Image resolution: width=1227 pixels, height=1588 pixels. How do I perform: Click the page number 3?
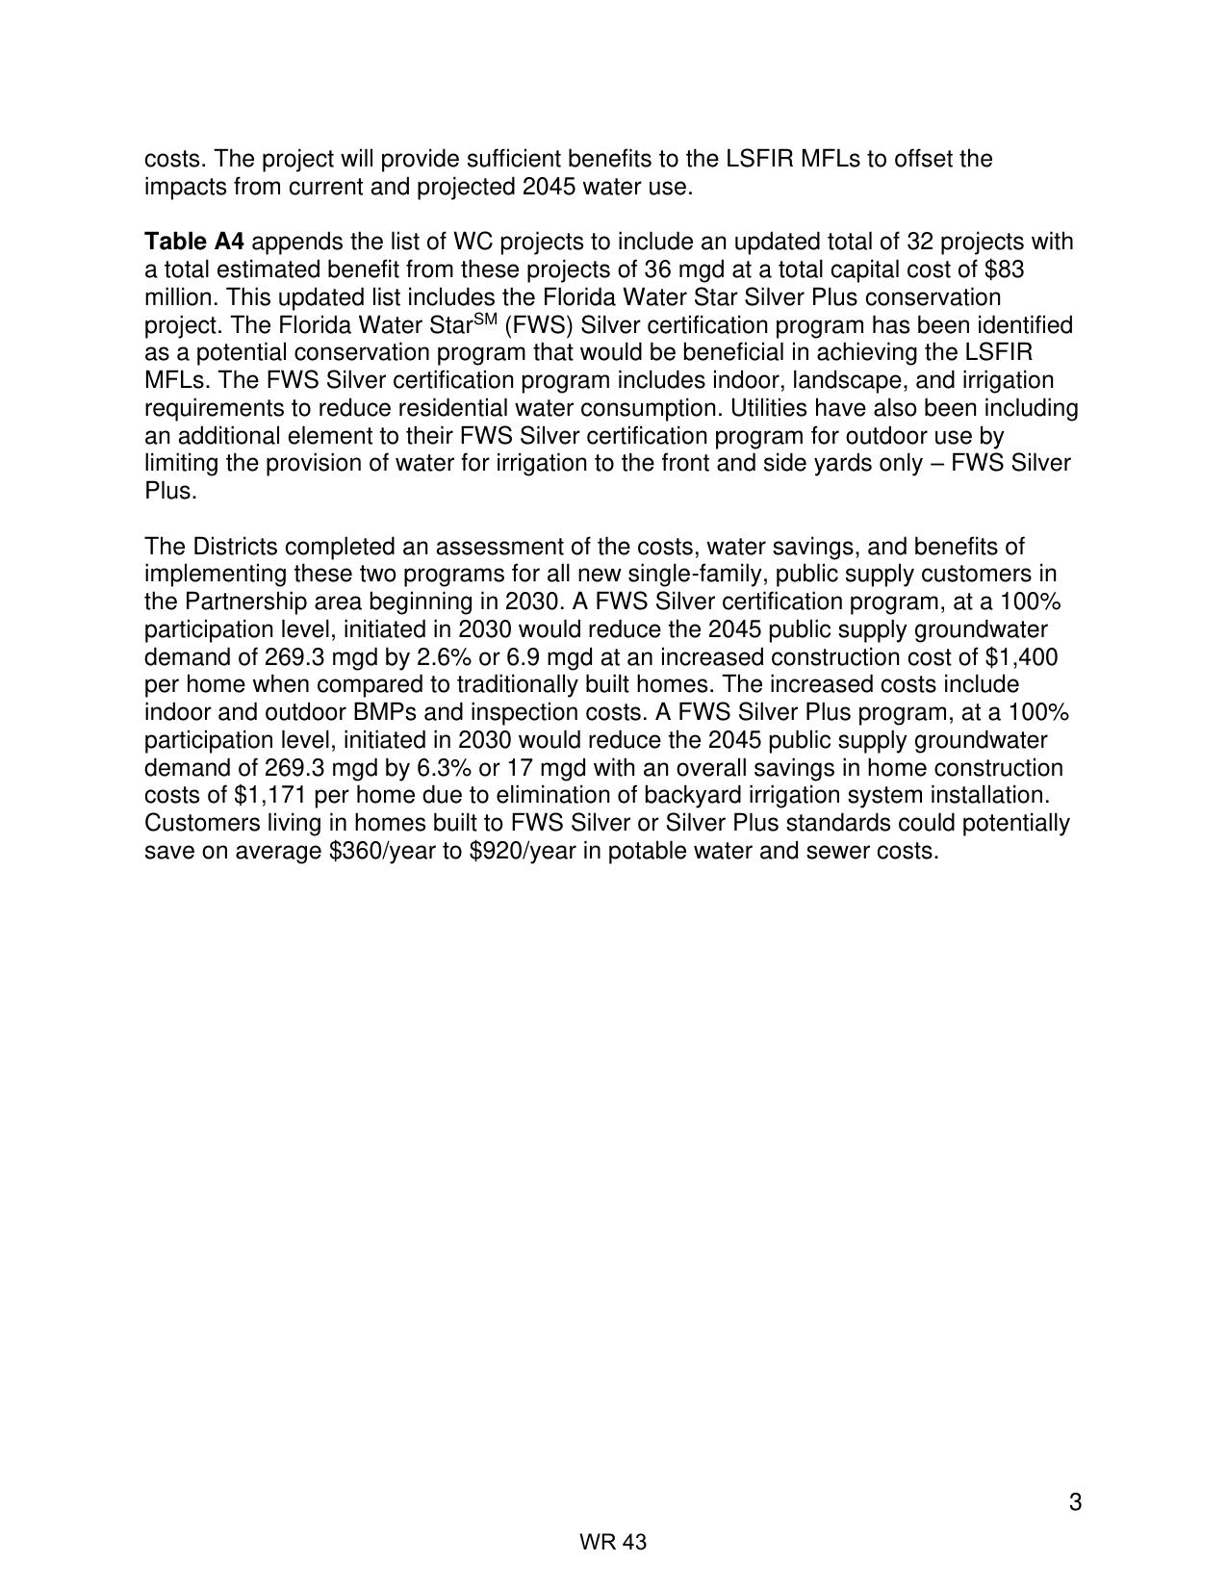1075,1502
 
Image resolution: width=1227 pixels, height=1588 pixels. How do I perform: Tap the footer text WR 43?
613,1543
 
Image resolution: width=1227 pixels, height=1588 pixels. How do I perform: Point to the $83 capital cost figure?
1006,269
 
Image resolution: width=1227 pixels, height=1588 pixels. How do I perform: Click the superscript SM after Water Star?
485,320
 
